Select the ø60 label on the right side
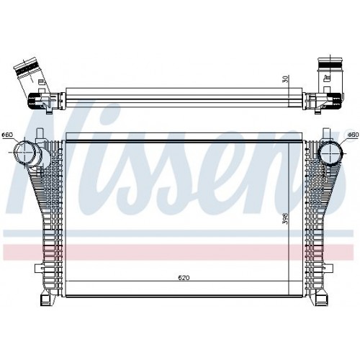click(353, 135)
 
